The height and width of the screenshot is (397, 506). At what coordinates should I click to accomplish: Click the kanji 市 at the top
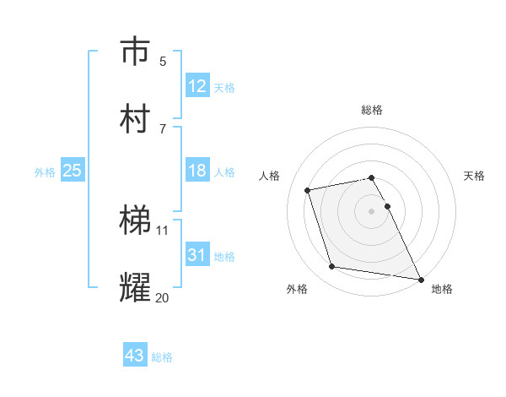point(136,52)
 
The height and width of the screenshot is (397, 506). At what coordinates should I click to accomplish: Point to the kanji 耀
point(136,287)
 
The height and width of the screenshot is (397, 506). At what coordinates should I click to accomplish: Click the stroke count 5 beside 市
point(163,61)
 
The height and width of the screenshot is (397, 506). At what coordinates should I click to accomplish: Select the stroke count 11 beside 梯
point(163,230)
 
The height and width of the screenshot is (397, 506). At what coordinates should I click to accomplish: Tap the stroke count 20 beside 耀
point(163,296)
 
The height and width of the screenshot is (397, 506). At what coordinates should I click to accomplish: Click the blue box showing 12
point(197,86)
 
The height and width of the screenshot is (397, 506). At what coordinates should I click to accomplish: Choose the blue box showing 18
point(197,171)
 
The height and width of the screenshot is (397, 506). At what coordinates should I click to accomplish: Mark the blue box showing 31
point(197,254)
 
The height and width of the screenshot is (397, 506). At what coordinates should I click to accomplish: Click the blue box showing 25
point(73,171)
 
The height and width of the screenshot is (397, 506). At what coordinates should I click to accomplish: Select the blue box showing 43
point(135,356)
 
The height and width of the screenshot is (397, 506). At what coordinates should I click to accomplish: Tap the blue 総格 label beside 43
point(162,357)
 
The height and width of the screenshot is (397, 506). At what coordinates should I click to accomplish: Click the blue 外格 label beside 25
point(45,172)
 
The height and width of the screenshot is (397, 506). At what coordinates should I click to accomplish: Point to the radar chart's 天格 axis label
point(474,176)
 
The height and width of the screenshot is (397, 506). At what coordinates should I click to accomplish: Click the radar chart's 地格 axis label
point(442,289)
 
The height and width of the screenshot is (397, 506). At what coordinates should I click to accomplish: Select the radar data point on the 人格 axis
point(308,189)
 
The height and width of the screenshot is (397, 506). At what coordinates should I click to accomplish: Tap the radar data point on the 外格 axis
point(332,267)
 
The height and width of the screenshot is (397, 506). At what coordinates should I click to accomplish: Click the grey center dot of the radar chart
point(372,210)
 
